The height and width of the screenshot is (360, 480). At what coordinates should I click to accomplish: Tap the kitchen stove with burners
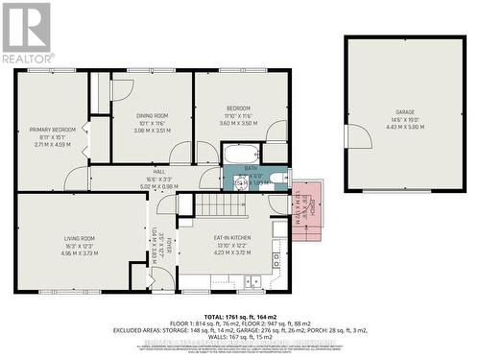[276, 258]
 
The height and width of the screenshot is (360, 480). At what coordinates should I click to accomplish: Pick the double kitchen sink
[251, 281]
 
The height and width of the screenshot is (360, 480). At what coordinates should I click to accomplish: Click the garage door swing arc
[361, 136]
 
